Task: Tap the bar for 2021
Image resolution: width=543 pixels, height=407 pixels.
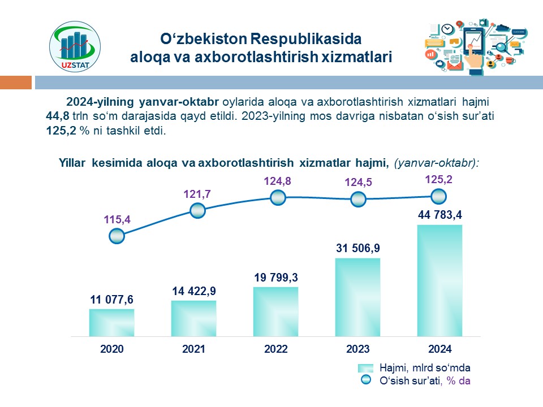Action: [193, 318]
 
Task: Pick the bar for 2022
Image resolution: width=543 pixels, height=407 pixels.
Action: [275, 311]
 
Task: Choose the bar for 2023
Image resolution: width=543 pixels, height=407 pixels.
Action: [357, 297]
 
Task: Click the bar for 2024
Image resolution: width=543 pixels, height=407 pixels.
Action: [439, 280]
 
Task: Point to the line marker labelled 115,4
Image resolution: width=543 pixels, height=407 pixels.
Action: [115, 236]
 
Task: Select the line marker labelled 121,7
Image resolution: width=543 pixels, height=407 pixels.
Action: [197, 211]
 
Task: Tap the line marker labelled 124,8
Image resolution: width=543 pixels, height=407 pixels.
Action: [277, 197]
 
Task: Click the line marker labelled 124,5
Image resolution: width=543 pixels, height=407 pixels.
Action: [358, 200]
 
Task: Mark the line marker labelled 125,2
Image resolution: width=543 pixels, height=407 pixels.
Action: [438, 196]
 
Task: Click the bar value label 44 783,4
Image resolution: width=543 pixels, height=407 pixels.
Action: [440, 215]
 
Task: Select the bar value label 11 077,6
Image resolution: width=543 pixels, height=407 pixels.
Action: [111, 300]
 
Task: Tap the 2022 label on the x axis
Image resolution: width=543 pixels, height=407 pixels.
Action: [275, 349]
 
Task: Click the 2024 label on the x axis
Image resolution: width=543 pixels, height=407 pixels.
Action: [439, 349]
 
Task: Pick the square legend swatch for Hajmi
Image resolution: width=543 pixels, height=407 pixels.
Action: [366, 368]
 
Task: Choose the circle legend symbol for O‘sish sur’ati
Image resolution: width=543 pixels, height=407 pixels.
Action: [366, 381]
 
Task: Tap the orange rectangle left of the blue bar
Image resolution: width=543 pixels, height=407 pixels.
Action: [16, 83]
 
